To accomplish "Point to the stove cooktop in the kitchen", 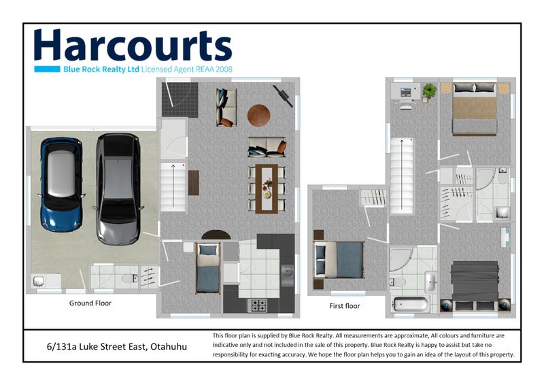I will pyautogui.click(x=259, y=306).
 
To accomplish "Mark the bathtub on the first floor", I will pyautogui.click(x=411, y=303).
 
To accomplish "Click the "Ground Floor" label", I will pyautogui.click(x=90, y=303).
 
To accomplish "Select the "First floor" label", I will pyautogui.click(x=344, y=306).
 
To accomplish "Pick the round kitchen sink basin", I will pyautogui.click(x=289, y=271).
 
